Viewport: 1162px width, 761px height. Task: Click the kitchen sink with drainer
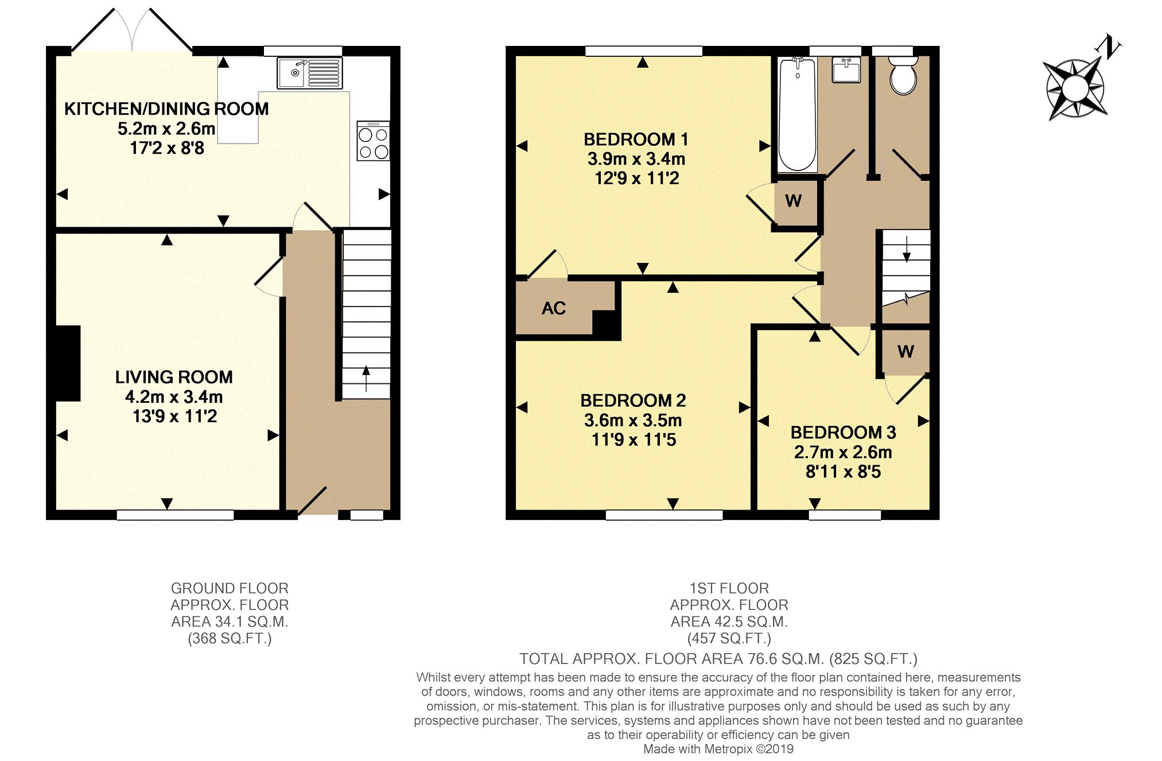tap(309, 73)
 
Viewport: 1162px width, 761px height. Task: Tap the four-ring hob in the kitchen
tap(373, 141)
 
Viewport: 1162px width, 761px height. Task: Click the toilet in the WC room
tap(903, 75)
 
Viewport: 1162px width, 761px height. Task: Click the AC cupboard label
tap(554, 308)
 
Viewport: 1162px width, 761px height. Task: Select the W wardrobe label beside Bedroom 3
tap(905, 351)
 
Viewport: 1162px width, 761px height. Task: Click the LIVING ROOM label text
tap(174, 377)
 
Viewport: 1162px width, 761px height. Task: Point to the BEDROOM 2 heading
tap(633, 400)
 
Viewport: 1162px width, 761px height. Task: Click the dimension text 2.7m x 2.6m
tap(843, 452)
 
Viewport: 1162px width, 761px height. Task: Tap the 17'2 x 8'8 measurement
tap(167, 148)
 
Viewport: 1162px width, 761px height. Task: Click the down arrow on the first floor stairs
tap(906, 249)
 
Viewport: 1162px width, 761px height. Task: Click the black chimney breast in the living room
tap(68, 363)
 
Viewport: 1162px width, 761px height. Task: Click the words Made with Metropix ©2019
tap(718, 749)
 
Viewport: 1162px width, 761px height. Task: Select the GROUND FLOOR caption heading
tap(230, 588)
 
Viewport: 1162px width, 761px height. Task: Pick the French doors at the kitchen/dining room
tap(131, 32)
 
